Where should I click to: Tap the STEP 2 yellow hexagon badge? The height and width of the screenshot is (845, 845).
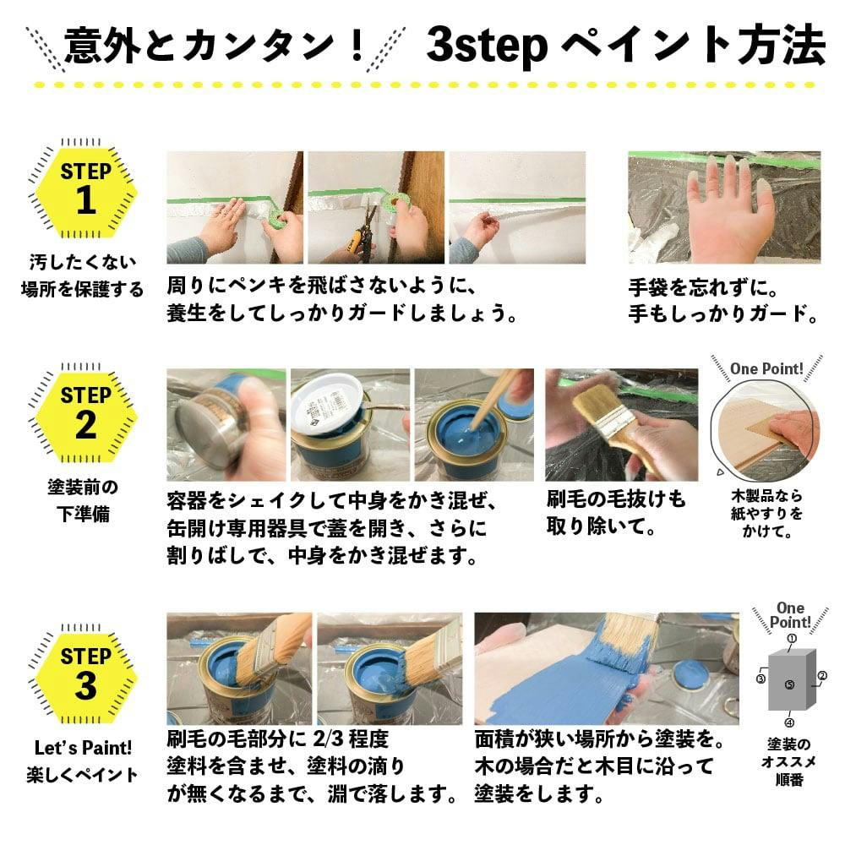coord(85,413)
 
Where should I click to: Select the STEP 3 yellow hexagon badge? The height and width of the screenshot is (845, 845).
coord(85,673)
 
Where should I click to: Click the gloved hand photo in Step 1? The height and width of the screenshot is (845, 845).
coord(724,208)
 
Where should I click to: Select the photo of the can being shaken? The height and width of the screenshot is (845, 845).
coord(226,423)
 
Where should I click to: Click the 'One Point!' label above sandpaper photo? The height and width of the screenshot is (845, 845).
coord(766,368)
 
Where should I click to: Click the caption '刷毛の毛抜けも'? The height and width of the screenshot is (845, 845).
coord(617,499)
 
